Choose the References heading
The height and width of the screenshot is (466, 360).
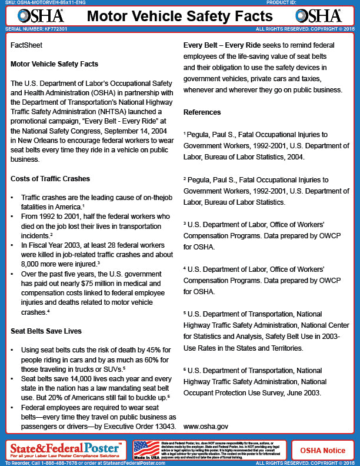202,112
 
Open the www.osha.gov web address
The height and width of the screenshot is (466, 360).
205,425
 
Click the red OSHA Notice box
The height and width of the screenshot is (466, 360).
323,451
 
